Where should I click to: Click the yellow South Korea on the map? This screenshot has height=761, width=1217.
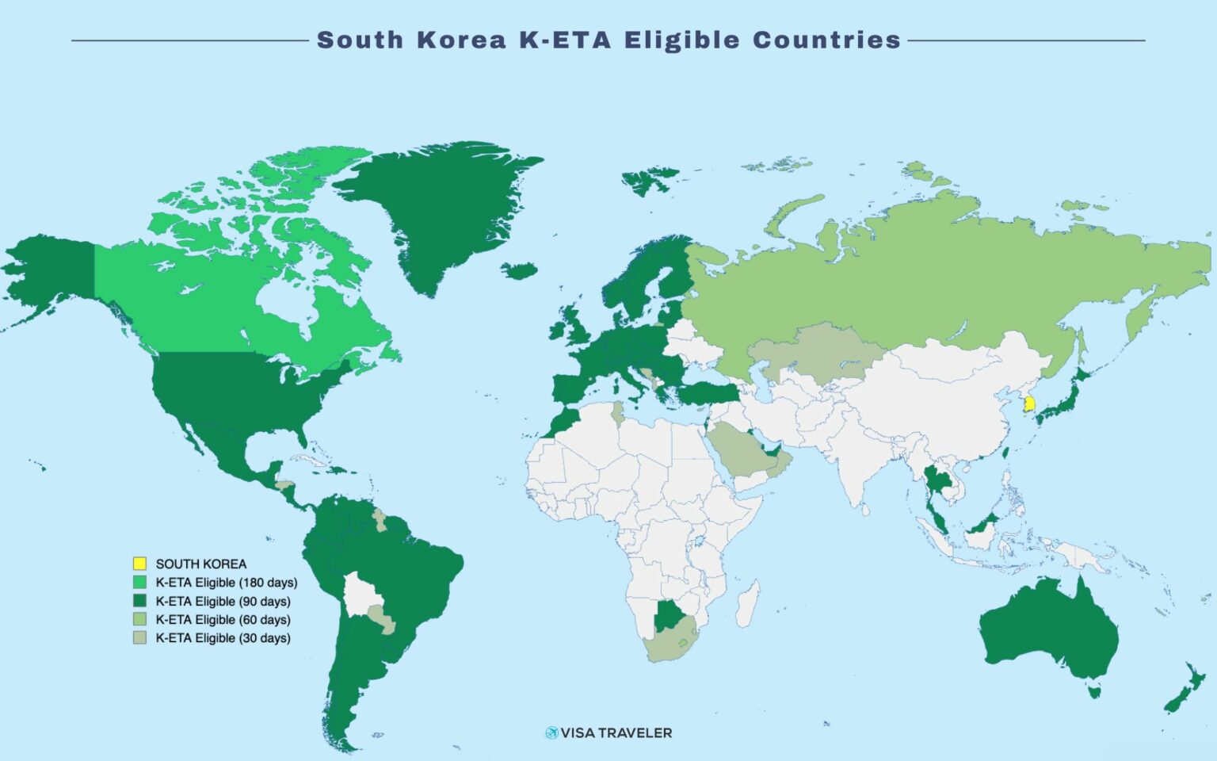click(x=1028, y=403)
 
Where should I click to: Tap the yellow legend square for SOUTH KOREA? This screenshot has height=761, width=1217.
click(x=139, y=564)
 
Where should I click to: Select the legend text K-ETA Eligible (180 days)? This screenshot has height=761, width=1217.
click(x=226, y=583)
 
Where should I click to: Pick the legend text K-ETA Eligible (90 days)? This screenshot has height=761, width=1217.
click(x=223, y=601)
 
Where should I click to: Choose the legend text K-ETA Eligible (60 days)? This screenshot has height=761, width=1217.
click(x=223, y=619)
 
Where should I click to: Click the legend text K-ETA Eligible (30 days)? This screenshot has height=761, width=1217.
click(x=223, y=637)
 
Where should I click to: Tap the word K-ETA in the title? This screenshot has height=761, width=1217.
click(x=565, y=40)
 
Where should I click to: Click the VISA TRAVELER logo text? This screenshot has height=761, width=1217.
click(x=616, y=733)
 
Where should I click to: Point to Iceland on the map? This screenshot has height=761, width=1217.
click(x=520, y=271)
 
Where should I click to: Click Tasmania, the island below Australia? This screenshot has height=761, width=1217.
click(x=1094, y=692)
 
